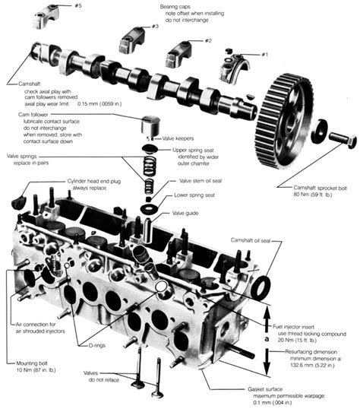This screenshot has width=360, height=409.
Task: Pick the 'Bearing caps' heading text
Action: coord(180,7)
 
